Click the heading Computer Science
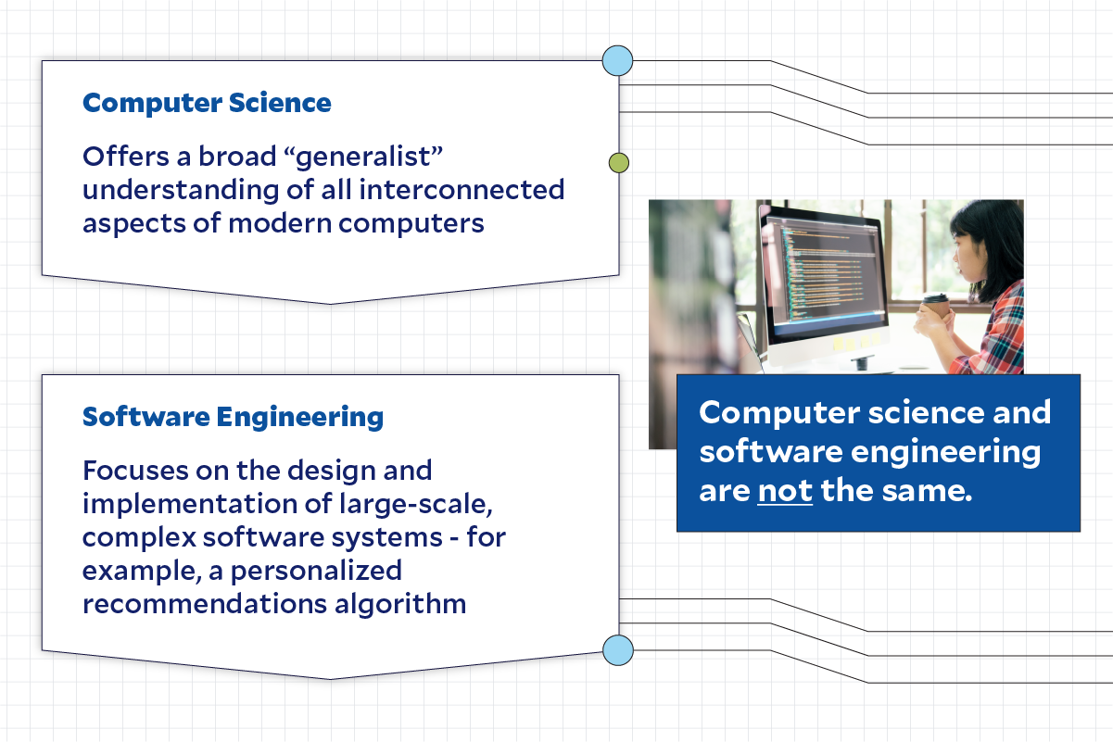(207, 103)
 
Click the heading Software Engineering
(233, 418)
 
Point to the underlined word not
(785, 490)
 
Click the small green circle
(618, 163)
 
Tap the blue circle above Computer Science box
(617, 61)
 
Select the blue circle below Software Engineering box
(617, 650)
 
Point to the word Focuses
(133, 470)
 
